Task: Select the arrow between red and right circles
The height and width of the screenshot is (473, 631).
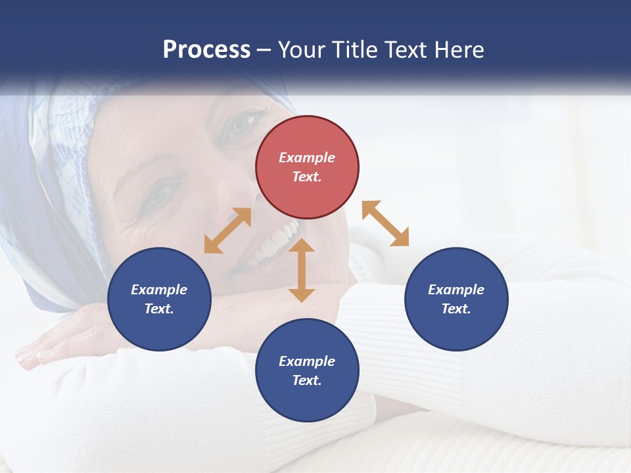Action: click(x=386, y=223)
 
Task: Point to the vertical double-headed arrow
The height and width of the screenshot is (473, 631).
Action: click(x=302, y=270)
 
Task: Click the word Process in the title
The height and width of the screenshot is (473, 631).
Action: click(x=206, y=50)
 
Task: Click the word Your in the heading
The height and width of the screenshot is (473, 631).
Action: click(x=302, y=50)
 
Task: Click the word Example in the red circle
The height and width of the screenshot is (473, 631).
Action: click(x=307, y=158)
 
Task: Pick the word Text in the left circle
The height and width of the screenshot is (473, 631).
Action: click(x=158, y=309)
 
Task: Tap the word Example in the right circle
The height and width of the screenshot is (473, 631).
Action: click(x=456, y=290)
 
